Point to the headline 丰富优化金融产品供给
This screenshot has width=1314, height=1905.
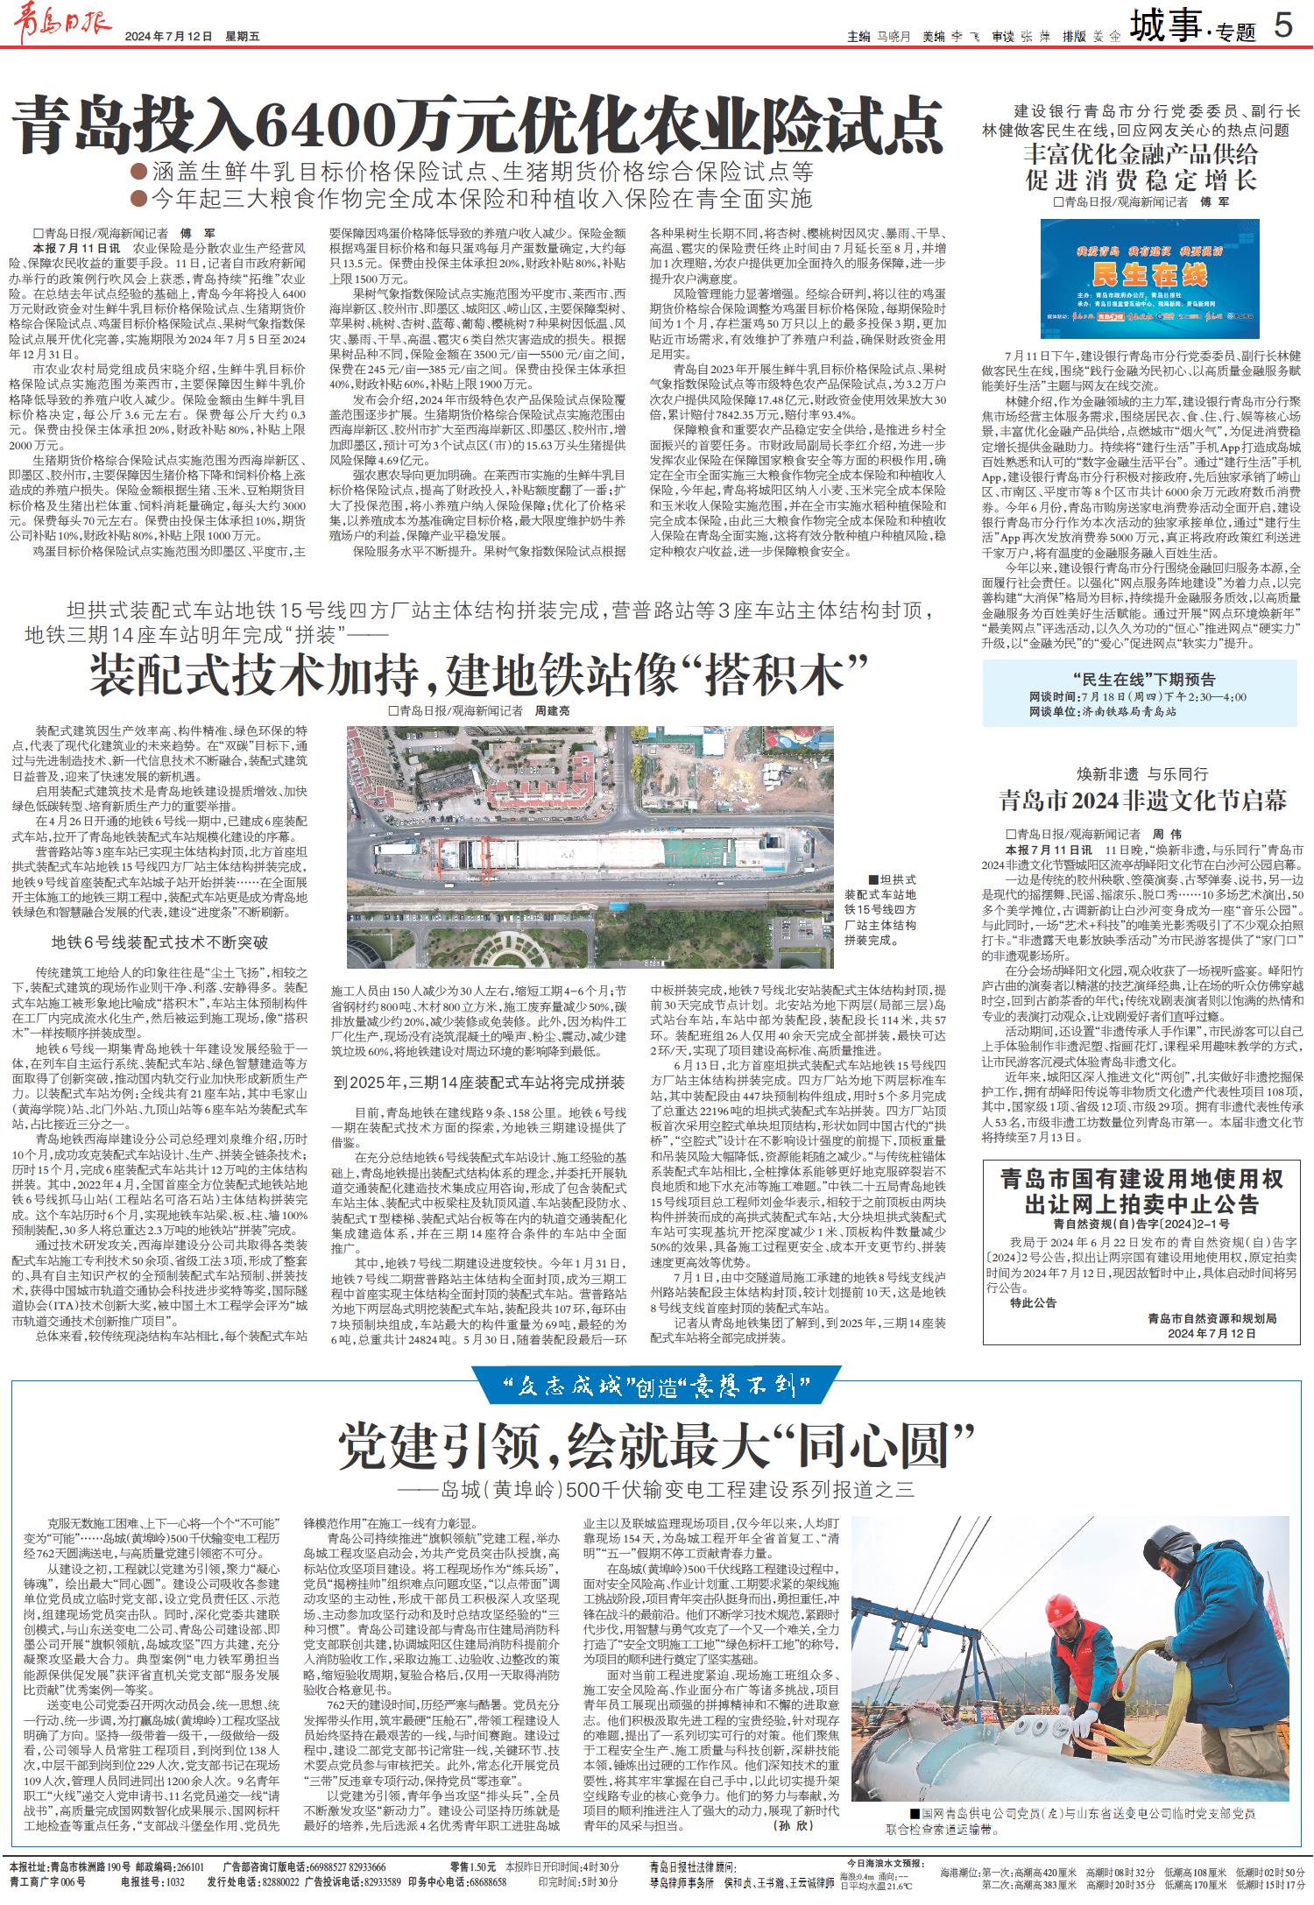[x=1141, y=155]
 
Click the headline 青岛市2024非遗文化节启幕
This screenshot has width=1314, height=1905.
[x=1143, y=801]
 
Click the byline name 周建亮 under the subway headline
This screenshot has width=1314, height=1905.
[x=552, y=710]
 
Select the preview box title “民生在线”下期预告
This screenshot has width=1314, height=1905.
[x=1143, y=679]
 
